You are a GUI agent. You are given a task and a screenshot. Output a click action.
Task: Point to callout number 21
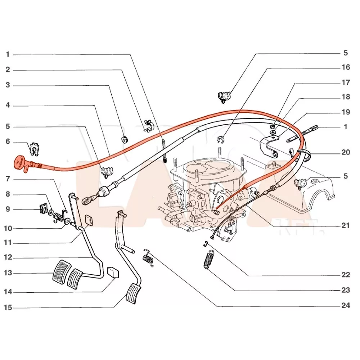tap(345, 226)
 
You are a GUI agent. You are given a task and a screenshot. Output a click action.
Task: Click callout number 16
tap(345, 67)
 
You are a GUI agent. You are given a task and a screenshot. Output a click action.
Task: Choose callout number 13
tap(8, 273)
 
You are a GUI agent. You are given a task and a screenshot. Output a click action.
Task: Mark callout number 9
tap(8, 210)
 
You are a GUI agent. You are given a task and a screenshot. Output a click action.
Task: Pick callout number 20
tap(345, 152)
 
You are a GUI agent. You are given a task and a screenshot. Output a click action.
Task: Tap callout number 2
tap(8, 70)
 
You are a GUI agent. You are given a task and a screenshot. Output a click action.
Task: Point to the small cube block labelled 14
tap(113, 272)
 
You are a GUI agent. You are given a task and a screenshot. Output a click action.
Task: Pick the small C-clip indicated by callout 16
tap(221, 139)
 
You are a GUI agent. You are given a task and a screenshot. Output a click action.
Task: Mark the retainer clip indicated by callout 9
tap(43, 208)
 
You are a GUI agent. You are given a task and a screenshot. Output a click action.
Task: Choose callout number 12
tap(8, 257)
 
